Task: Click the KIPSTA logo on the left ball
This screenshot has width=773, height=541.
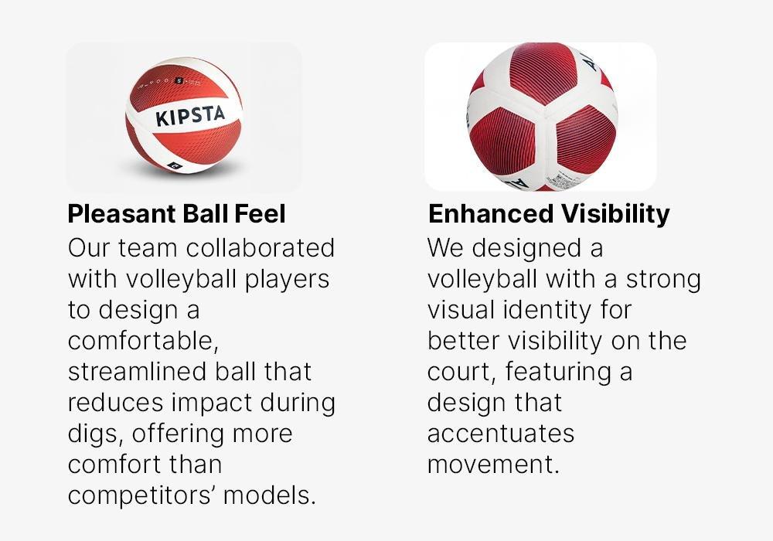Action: click(190, 116)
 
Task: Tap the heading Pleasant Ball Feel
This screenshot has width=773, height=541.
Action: click(176, 214)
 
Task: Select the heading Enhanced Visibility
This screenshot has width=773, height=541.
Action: click(549, 214)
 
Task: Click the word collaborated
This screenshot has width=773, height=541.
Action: click(261, 247)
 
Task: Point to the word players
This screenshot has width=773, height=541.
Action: click(287, 280)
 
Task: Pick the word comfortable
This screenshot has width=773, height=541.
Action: click(143, 341)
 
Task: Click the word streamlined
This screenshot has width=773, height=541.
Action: click(138, 372)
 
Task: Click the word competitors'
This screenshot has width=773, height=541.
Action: click(141, 495)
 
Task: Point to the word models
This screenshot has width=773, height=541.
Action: click(269, 495)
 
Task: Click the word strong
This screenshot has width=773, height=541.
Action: click(663, 280)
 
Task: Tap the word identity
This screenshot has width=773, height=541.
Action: click(547, 311)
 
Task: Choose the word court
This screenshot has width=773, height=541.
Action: click(461, 372)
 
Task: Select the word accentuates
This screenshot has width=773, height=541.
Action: click(501, 434)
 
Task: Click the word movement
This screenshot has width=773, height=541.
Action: click(493, 464)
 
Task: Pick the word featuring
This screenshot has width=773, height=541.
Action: click(559, 372)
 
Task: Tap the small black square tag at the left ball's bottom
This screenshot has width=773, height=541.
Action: click(173, 167)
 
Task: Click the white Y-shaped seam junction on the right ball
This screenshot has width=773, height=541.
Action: click(544, 116)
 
